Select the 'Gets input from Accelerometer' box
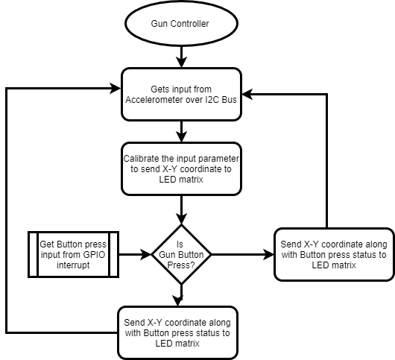pyautogui.click(x=181, y=94)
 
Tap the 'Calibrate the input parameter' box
pyautogui.click(x=181, y=168)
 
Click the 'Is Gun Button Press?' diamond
pyautogui.click(x=181, y=254)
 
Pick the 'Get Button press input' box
pyautogui.click(x=73, y=254)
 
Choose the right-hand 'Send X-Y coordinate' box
pyautogui.click(x=334, y=254)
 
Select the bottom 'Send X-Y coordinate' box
pyautogui.click(x=177, y=332)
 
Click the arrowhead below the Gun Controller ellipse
pyautogui.click(x=181, y=62)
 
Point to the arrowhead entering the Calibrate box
pyautogui.click(x=181, y=137)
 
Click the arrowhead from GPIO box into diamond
pyautogui.click(x=146, y=254)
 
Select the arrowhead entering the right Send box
pyautogui.click(x=268, y=254)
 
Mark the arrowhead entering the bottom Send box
pyautogui.click(x=178, y=301)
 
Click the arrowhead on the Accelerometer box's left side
pyautogui.click(x=116, y=89)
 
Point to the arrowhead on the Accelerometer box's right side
pyautogui.click(x=247, y=94)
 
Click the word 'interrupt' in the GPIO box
pyautogui.click(x=73, y=265)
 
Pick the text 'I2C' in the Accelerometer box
pyautogui.click(x=212, y=100)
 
